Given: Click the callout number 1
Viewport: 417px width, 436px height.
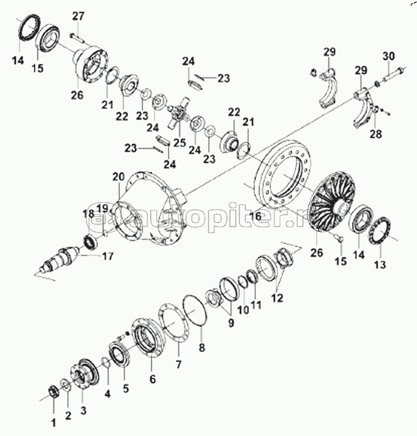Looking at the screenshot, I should (x=53, y=424).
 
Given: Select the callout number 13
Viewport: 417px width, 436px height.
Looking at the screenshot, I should (x=379, y=264).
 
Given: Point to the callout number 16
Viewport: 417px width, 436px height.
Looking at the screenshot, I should (x=255, y=217).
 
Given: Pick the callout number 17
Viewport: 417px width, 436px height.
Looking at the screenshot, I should (x=108, y=257).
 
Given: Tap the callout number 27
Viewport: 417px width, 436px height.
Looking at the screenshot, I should (x=78, y=15).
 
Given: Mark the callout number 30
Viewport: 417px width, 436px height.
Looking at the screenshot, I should (x=388, y=56).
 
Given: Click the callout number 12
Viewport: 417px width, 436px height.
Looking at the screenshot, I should (x=277, y=296).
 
